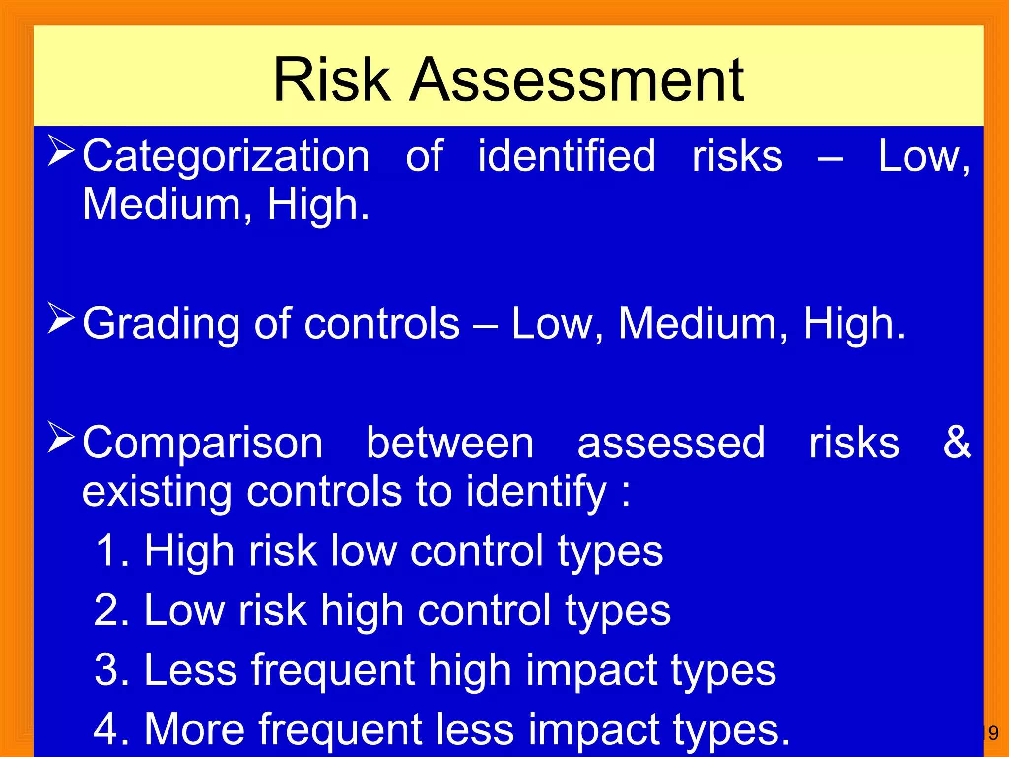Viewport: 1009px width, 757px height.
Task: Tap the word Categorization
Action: [x=226, y=157]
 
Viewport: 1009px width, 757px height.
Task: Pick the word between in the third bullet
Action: [x=450, y=443]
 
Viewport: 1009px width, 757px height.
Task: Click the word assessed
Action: [x=671, y=443]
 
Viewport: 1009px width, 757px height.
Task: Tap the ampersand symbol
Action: [x=956, y=442]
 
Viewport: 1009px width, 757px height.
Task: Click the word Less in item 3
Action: [x=191, y=670]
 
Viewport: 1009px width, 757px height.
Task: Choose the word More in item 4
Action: [x=194, y=729]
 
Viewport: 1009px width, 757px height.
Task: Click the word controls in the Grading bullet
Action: [x=382, y=324]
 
